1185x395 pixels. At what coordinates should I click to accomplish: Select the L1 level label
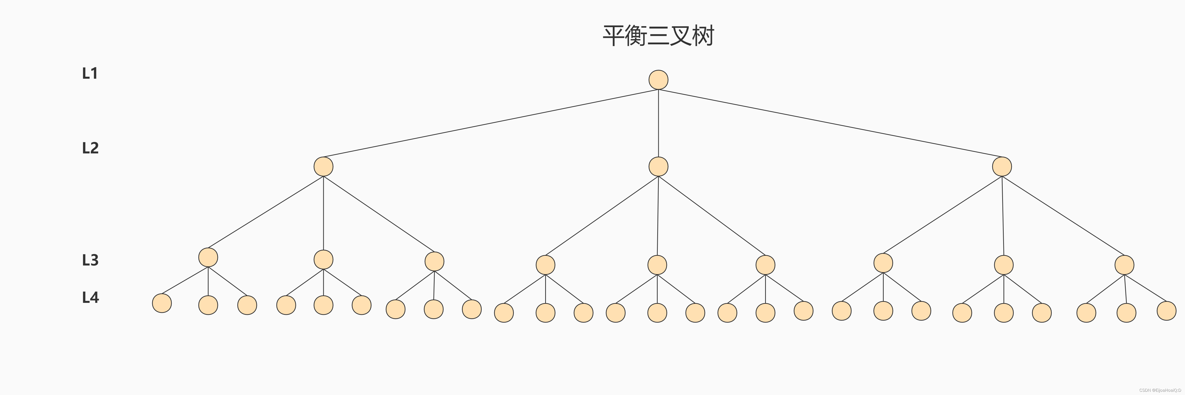(x=90, y=73)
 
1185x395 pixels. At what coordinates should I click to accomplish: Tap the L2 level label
(x=90, y=148)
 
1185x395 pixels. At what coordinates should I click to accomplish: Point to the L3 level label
(x=90, y=260)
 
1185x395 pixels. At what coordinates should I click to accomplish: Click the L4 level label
(x=90, y=298)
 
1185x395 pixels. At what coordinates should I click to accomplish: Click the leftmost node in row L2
(x=323, y=166)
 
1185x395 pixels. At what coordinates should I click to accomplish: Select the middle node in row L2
(x=658, y=166)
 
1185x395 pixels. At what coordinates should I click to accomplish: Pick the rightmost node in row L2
(x=1002, y=166)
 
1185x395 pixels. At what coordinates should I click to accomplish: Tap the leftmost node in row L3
(x=208, y=257)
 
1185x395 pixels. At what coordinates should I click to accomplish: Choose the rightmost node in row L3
(x=1124, y=265)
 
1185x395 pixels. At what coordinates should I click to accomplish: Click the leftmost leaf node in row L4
(x=162, y=303)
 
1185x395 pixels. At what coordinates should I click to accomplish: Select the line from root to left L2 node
(x=491, y=123)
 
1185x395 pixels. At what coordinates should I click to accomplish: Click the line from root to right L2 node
(x=830, y=123)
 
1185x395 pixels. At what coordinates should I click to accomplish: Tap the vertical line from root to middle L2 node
(x=658, y=123)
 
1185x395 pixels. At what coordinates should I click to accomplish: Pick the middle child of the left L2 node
(x=323, y=259)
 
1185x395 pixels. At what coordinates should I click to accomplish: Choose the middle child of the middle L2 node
(x=657, y=265)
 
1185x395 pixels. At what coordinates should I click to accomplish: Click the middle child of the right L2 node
(x=1004, y=265)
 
